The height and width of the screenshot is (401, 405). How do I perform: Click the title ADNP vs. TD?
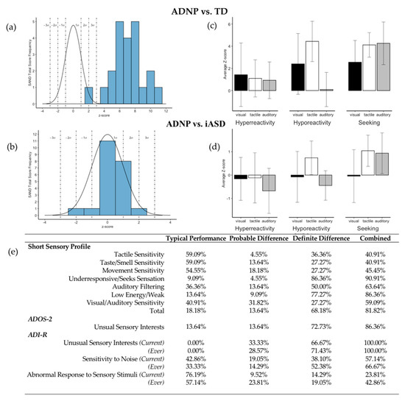tap(202, 6)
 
